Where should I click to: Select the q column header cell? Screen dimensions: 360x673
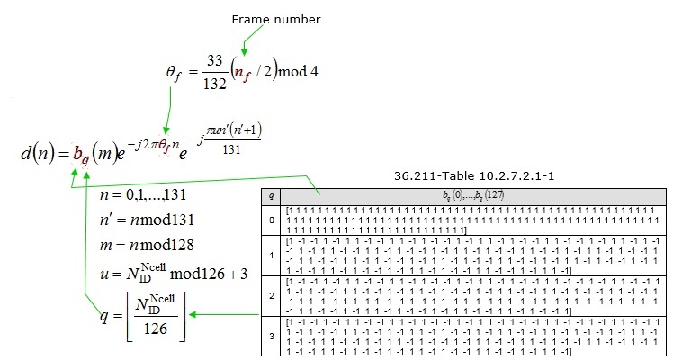[272, 193]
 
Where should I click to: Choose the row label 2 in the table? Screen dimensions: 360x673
[272, 294]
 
